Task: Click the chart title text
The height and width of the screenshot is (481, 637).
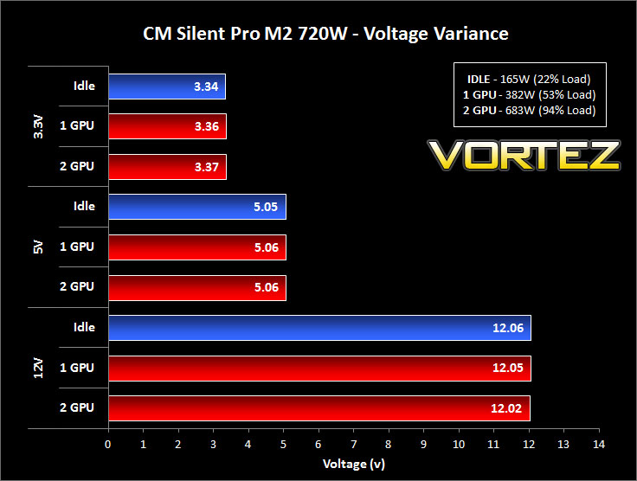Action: point(325,34)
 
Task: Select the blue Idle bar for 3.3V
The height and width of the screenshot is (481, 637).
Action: point(167,87)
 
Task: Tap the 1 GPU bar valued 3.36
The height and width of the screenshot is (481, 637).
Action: point(167,126)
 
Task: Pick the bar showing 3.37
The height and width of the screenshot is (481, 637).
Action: point(167,167)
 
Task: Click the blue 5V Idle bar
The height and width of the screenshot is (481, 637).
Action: point(197,207)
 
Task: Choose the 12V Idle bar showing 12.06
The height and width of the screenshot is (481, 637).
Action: point(319,328)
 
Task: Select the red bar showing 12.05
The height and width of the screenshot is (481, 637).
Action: point(319,369)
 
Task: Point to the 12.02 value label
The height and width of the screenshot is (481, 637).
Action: point(506,408)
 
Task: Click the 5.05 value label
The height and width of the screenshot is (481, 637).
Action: point(266,207)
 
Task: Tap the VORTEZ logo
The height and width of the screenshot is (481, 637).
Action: point(524,155)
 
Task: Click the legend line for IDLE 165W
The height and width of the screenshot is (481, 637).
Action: point(529,79)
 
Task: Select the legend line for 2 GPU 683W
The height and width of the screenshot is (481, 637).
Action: point(530,111)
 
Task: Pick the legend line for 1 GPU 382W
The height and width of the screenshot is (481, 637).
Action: point(530,95)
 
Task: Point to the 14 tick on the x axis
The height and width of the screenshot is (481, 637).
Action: point(599,445)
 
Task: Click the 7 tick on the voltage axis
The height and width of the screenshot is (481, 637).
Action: point(353,445)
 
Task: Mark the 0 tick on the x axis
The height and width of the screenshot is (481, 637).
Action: point(107,445)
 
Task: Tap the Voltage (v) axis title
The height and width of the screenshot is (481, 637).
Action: point(354,464)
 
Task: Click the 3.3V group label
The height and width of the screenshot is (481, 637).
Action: point(38,126)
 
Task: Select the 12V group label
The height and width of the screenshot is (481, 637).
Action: point(38,369)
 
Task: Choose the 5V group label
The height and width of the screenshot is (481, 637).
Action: point(38,247)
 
